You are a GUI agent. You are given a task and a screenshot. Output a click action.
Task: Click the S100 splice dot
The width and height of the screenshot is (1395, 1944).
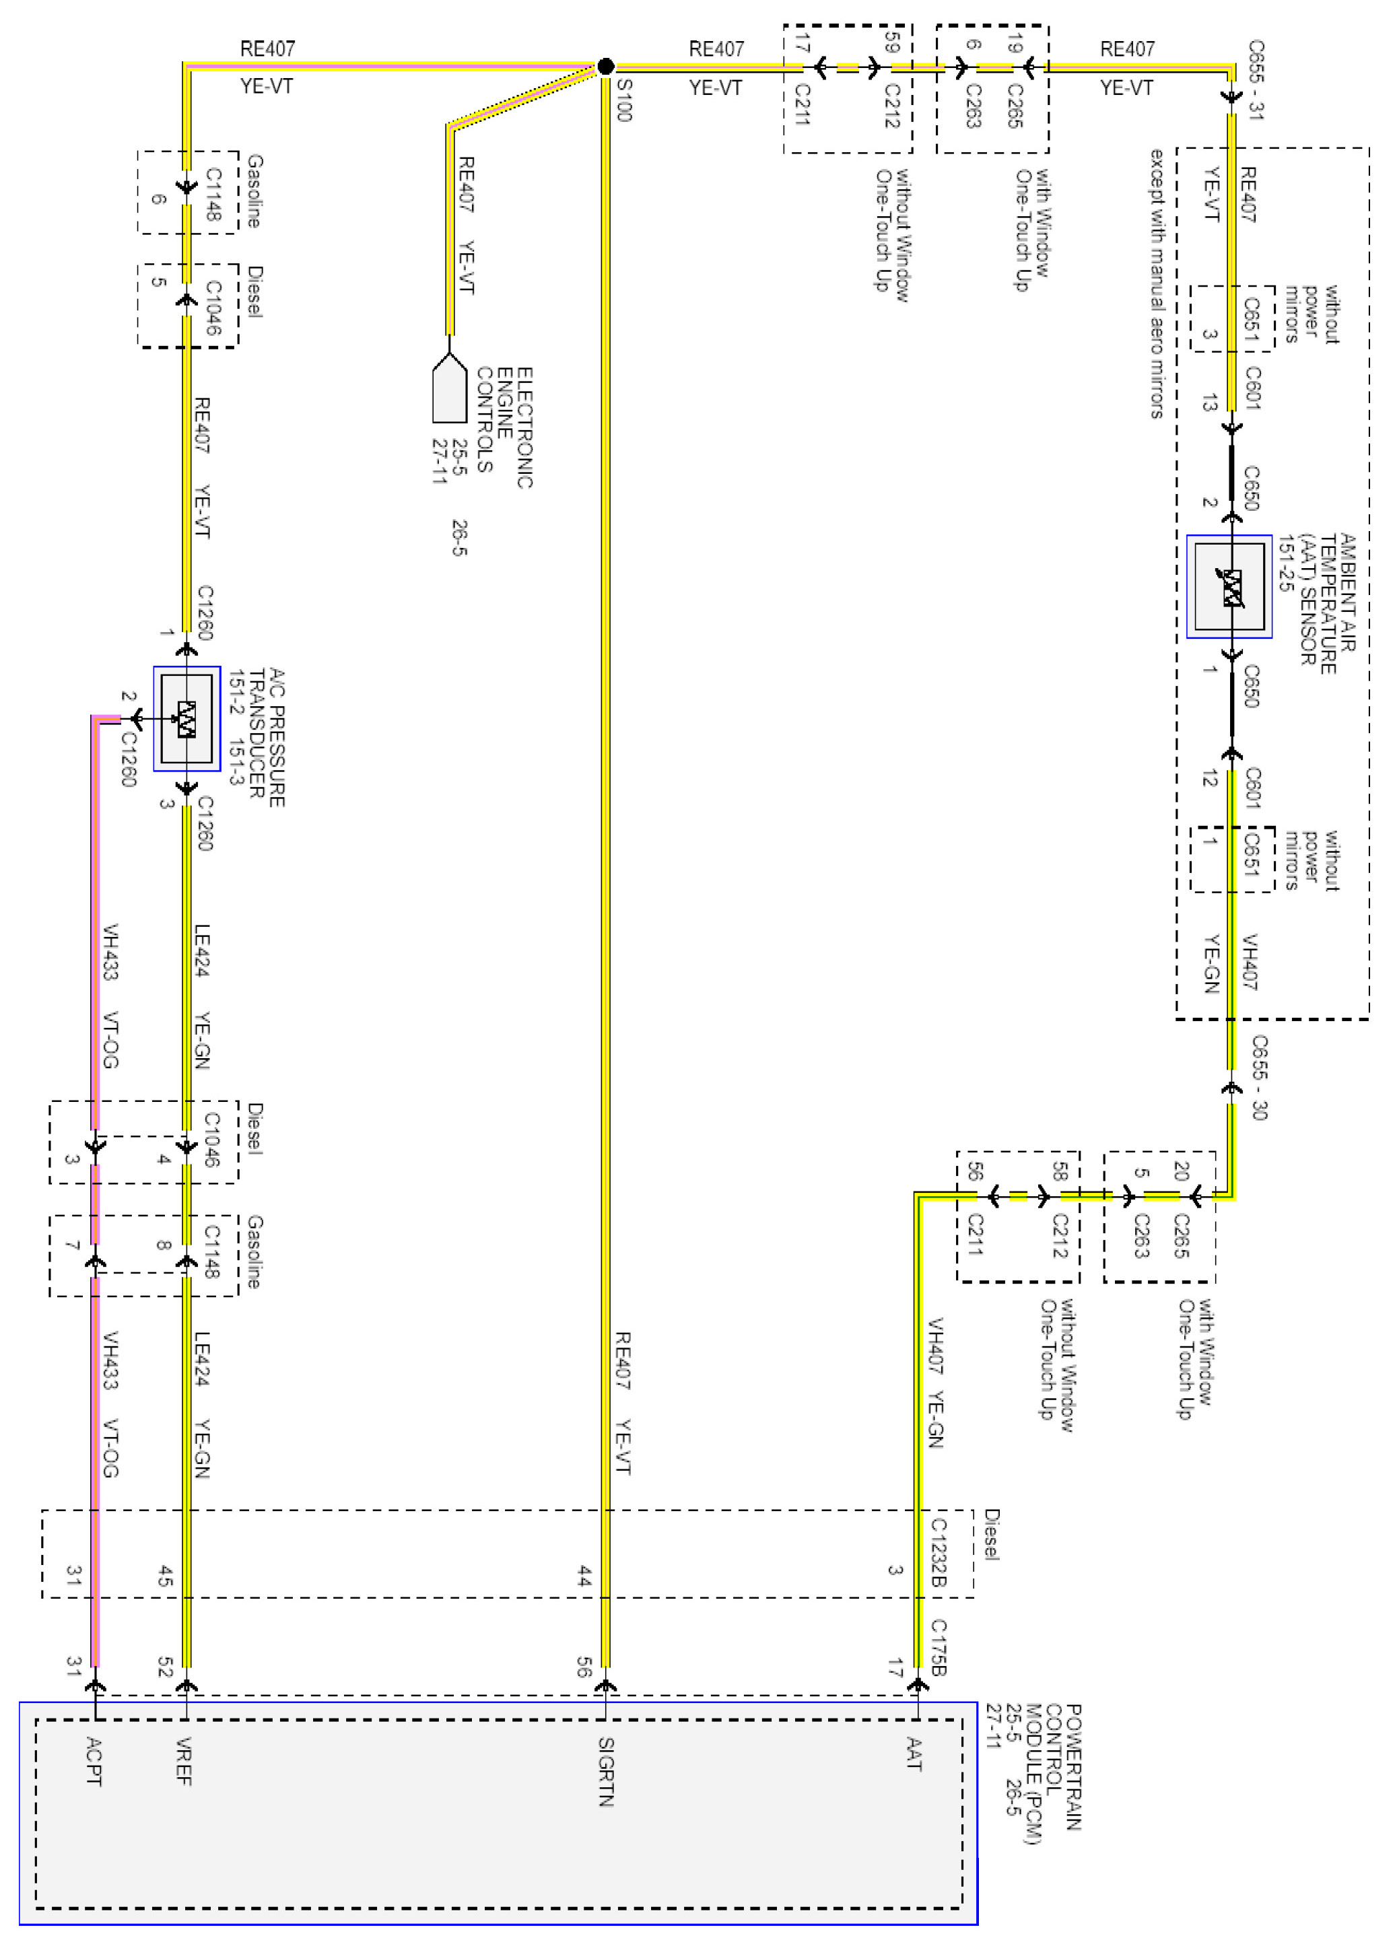[x=605, y=67]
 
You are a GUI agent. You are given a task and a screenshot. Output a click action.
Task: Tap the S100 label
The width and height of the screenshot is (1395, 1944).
[x=624, y=100]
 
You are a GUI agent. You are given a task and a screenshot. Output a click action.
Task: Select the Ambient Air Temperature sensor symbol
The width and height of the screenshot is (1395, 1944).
[x=1229, y=587]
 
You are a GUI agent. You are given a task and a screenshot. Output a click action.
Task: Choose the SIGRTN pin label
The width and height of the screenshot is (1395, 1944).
[x=605, y=1771]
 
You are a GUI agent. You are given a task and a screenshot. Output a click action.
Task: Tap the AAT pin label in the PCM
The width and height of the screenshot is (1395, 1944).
[x=914, y=1754]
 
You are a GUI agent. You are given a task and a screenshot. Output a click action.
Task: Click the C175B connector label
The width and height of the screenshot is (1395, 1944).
[x=938, y=1647]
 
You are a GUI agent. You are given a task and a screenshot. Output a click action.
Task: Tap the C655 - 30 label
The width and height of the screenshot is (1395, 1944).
[x=1258, y=1078]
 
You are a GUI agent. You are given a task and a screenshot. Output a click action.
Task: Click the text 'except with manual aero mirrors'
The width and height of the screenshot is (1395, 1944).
[x=1157, y=283]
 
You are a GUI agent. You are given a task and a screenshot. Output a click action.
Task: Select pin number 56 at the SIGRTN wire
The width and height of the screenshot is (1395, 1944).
[x=584, y=1666]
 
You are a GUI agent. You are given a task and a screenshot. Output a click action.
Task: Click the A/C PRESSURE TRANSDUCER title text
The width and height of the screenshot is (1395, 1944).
[x=266, y=737]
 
